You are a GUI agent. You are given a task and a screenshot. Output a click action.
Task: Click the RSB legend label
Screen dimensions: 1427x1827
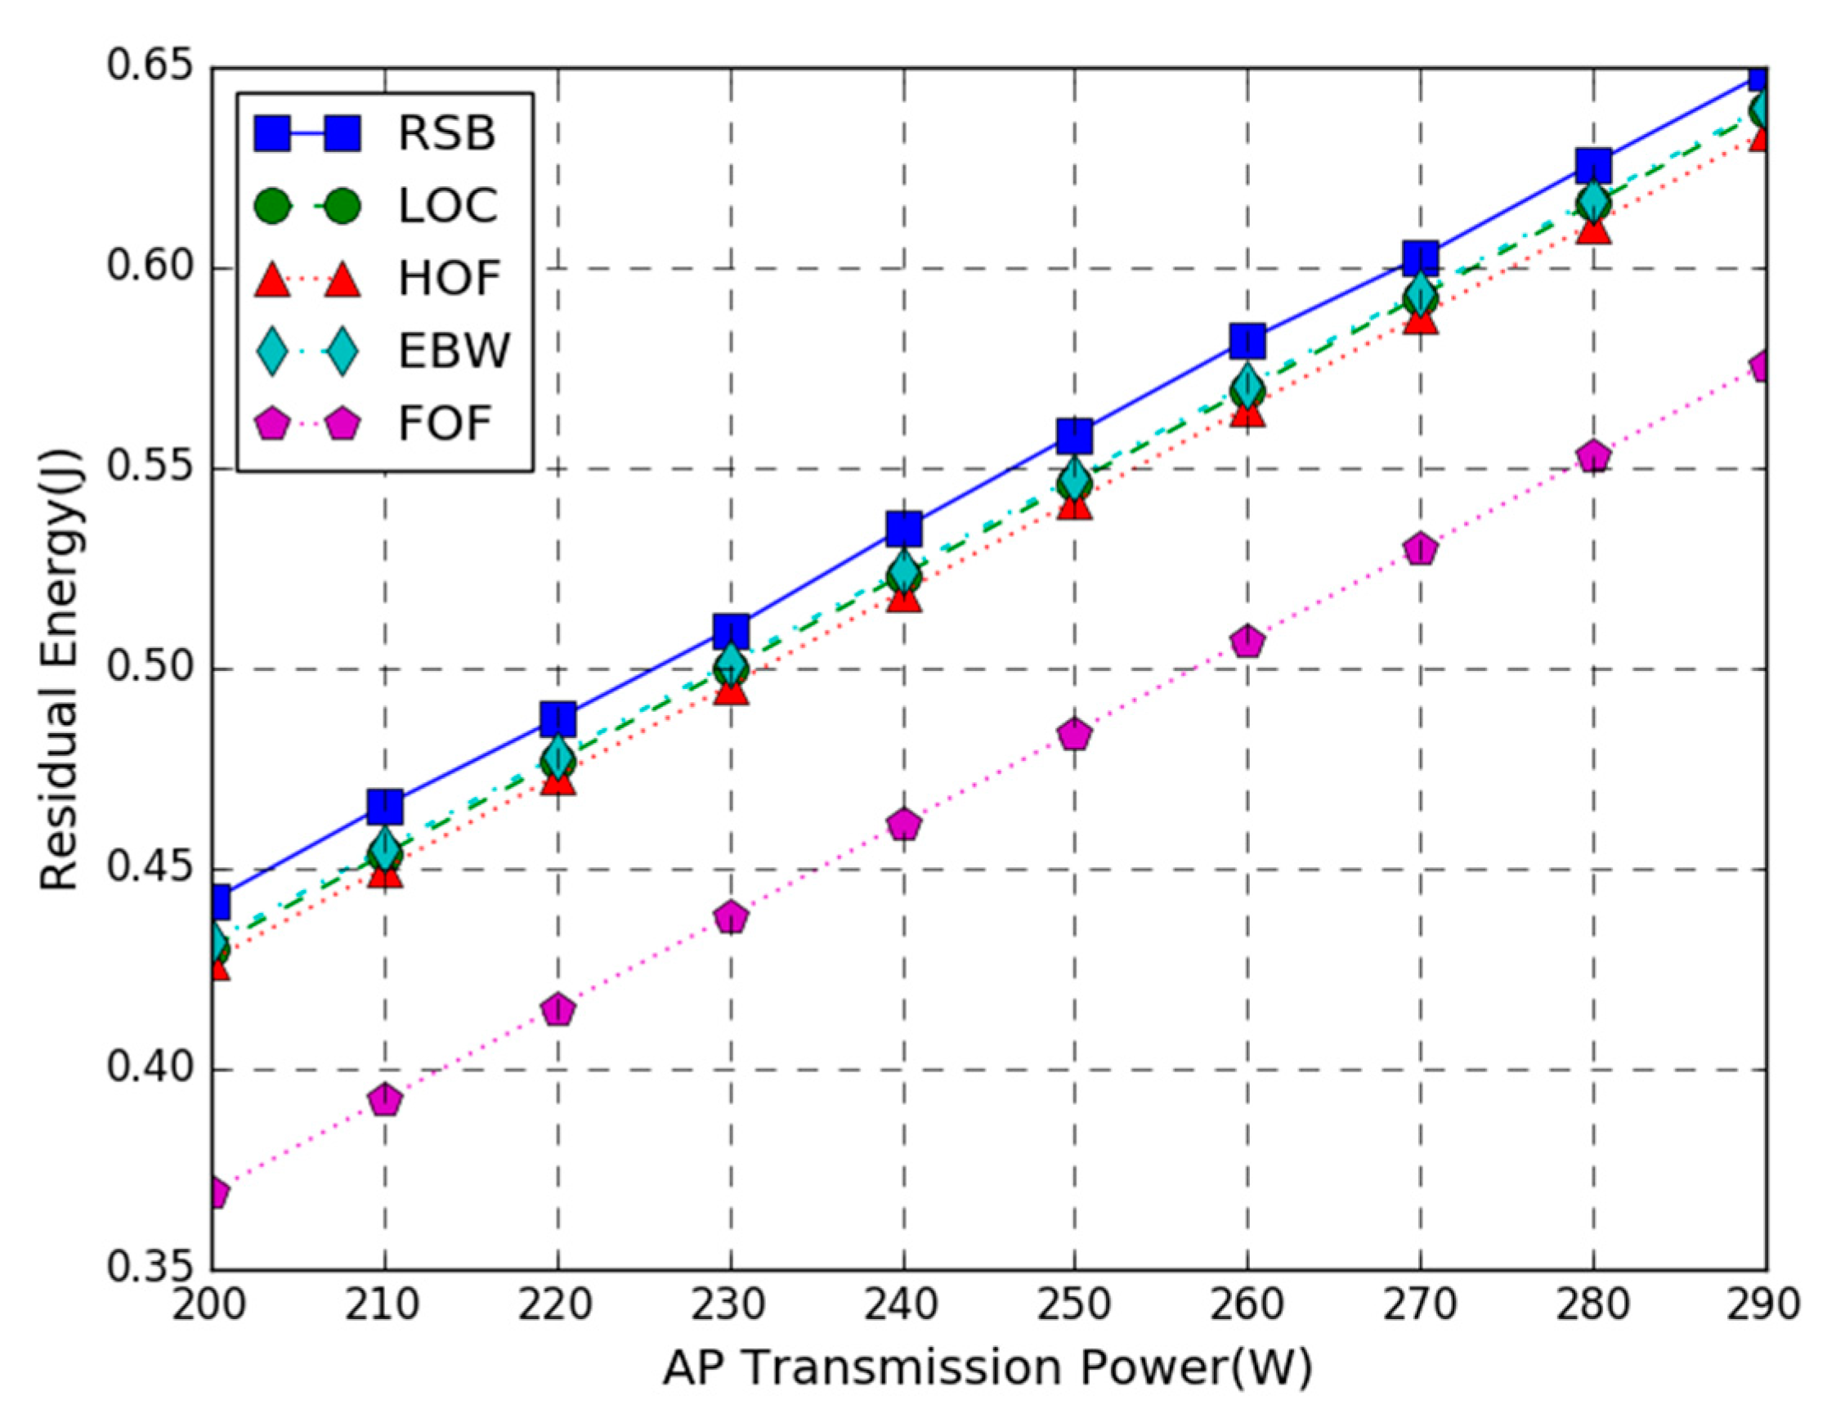[x=446, y=133]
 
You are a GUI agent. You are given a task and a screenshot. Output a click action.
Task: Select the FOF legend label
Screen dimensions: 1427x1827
[x=444, y=423]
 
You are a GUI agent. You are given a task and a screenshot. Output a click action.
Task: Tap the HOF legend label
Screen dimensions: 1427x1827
[x=449, y=278]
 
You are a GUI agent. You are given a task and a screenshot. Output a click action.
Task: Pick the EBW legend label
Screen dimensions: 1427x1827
[x=453, y=351]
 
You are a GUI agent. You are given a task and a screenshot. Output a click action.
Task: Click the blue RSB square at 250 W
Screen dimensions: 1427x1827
[x=1074, y=436]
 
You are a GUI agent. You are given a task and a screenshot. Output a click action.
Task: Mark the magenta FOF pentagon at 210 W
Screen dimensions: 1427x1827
[x=385, y=1101]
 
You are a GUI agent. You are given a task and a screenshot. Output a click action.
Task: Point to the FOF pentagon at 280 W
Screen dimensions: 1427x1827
[x=1593, y=457]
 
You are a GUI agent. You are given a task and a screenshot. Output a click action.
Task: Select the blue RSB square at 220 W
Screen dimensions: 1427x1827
[x=558, y=718]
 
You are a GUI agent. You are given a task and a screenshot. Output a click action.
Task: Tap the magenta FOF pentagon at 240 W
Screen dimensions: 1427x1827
[x=903, y=825]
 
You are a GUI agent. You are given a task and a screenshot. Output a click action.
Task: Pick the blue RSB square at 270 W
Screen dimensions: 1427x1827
[x=1421, y=258]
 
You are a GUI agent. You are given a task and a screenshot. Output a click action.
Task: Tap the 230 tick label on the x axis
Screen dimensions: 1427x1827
[x=730, y=1306]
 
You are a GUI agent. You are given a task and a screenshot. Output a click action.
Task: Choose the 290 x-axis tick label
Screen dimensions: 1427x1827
[x=1763, y=1306]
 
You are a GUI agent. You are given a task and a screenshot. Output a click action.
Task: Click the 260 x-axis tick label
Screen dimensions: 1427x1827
[x=1247, y=1306]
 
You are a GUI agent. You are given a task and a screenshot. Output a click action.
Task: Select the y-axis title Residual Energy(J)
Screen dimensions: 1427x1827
[x=60, y=669]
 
